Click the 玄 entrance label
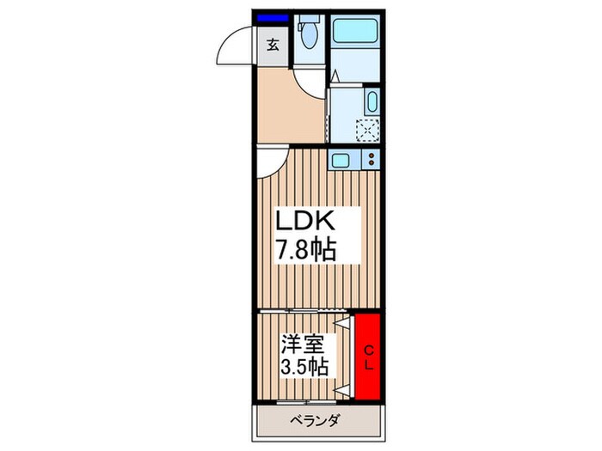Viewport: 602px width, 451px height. coord(272,45)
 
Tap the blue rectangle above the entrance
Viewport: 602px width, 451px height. coord(273,17)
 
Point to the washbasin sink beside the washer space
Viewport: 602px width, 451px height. coord(371,102)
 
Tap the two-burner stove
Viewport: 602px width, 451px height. coord(372,160)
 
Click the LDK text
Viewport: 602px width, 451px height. coord(302,222)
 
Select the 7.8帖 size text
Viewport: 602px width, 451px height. coord(305,250)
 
